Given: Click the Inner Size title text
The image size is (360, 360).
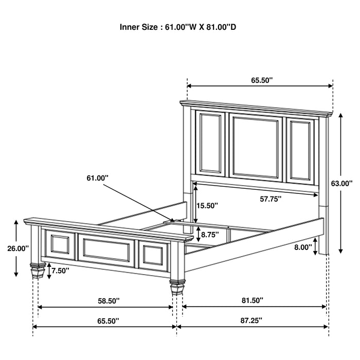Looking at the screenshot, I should click(178, 26).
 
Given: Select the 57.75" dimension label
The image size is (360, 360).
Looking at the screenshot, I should click(271, 199).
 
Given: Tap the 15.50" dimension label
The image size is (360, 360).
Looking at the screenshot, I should click(207, 205).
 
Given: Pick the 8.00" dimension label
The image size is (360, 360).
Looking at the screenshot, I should click(303, 247).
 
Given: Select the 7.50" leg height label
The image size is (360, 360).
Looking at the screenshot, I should click(61, 271).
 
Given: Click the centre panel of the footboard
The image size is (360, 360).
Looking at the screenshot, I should click(106, 250).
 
